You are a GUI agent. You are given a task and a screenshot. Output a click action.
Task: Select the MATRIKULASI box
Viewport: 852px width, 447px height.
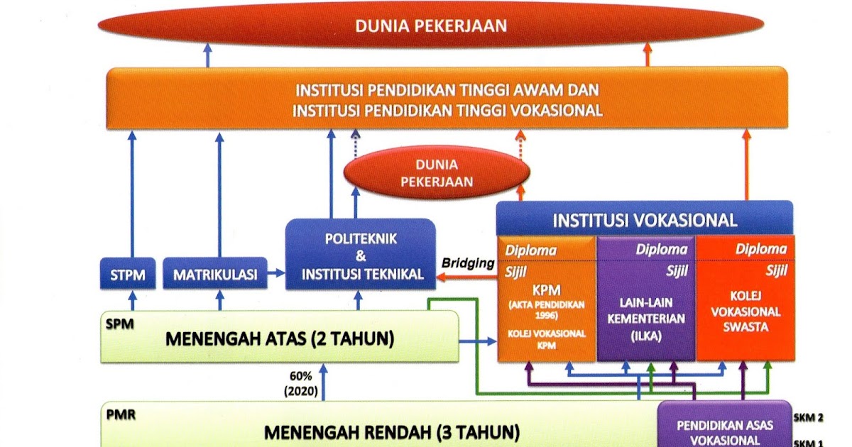click(215, 274)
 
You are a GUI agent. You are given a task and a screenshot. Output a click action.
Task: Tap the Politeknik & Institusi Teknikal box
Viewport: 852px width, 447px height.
click(360, 254)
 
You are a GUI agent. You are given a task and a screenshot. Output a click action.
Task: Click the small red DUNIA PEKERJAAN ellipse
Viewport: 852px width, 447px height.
click(437, 172)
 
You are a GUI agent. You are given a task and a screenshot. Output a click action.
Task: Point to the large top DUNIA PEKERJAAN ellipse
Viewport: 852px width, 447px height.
click(431, 27)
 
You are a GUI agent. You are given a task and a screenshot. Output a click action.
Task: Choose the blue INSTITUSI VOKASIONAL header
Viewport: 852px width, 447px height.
click(644, 220)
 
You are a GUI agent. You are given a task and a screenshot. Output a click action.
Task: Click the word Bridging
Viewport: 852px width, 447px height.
click(468, 263)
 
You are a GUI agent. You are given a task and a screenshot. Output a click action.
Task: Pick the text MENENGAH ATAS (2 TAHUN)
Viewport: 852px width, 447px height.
click(280, 338)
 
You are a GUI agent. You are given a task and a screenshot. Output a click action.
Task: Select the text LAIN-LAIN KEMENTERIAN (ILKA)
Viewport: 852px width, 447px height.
click(645, 319)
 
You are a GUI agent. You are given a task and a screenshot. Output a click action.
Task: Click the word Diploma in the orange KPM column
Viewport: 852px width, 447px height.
click(530, 250)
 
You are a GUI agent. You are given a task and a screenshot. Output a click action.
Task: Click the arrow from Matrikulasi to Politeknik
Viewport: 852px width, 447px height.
click(276, 274)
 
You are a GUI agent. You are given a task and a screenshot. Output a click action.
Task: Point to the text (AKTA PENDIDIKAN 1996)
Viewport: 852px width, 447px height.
click(546, 309)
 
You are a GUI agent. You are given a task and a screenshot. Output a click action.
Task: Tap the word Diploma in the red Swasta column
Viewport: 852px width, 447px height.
click(761, 249)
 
